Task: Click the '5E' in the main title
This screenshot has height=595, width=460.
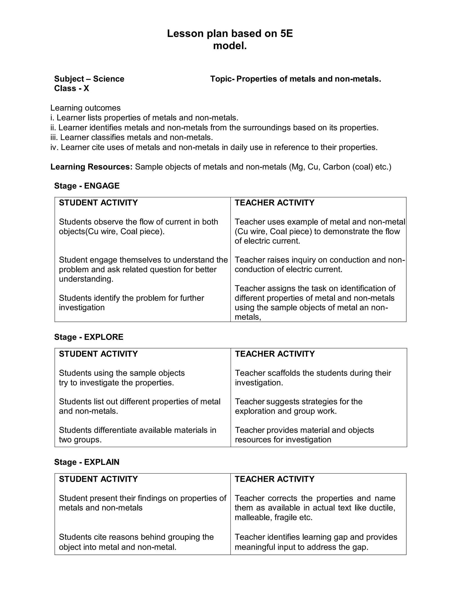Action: coord(286,33)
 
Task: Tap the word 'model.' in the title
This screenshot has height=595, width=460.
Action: coord(230,46)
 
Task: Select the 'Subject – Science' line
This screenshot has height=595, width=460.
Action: coord(89,79)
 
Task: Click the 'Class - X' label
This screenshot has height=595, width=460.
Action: coord(71,88)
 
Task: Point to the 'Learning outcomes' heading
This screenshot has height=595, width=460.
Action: coord(85,108)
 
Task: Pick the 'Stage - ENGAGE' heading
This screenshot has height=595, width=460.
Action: coord(87,186)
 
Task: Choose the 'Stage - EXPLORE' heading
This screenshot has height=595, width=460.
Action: coord(88,337)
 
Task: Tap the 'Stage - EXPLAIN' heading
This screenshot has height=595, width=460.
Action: coord(87,462)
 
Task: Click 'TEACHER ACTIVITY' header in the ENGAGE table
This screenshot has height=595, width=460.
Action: coord(274,203)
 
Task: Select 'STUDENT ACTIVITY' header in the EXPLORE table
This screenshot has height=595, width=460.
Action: coord(98,354)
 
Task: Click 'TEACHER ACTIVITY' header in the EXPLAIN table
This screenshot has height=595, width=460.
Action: coord(274,479)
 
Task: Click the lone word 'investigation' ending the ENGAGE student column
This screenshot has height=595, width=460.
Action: coord(82,308)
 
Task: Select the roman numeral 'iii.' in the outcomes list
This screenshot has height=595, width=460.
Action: coord(54,137)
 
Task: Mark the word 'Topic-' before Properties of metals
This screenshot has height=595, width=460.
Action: coord(222,79)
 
